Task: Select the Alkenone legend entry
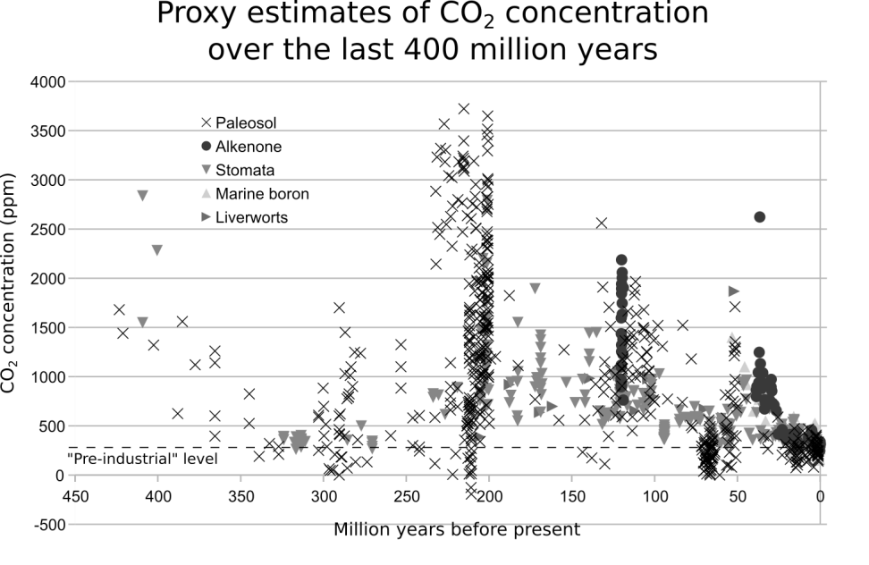click(x=255, y=146)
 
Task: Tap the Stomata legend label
click(x=249, y=170)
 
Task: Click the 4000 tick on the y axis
click(x=50, y=82)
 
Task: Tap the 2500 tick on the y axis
click(x=50, y=230)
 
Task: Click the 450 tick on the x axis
click(x=75, y=494)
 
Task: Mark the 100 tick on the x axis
click(x=655, y=494)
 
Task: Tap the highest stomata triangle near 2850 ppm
click(x=142, y=196)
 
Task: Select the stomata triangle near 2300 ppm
click(x=157, y=250)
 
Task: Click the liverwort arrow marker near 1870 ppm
click(x=734, y=291)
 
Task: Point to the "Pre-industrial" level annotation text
click(x=143, y=460)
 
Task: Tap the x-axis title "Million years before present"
click(x=457, y=529)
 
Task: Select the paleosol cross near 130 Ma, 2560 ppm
click(x=602, y=223)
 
